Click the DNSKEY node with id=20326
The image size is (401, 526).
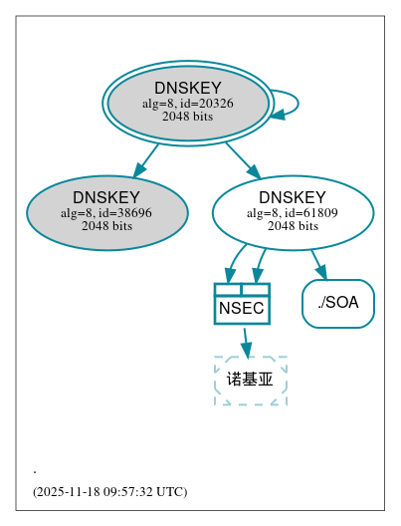[x=188, y=103]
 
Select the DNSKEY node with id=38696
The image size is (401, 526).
[x=107, y=212]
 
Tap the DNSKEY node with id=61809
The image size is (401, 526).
[x=293, y=212]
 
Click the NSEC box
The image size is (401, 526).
[x=242, y=308]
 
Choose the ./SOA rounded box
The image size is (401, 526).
[x=338, y=303]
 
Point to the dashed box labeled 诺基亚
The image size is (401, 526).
[x=251, y=380]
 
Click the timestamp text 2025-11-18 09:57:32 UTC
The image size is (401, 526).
[x=109, y=492]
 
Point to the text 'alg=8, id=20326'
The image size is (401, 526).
[x=188, y=103]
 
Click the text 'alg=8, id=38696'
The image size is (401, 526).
[x=106, y=212]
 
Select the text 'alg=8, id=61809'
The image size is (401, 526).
[x=293, y=212]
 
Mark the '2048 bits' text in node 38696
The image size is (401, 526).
[x=106, y=226]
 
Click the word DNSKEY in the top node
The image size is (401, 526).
[x=188, y=88]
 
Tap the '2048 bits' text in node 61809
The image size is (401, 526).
[x=293, y=226]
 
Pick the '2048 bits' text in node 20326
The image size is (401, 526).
[x=188, y=117]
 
